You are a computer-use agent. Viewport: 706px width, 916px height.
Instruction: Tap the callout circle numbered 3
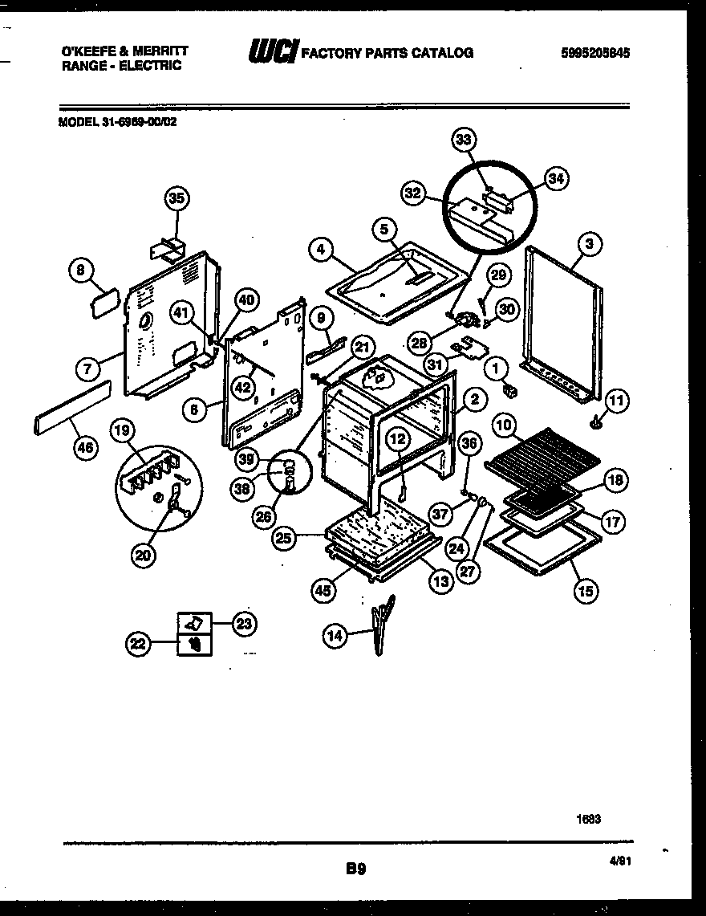(590, 244)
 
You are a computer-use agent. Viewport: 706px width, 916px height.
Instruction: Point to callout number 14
(334, 637)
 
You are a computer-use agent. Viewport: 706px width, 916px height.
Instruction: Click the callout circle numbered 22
(139, 642)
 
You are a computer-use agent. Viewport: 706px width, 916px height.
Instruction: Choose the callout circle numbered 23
(243, 621)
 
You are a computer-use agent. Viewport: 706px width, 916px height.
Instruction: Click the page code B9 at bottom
(356, 868)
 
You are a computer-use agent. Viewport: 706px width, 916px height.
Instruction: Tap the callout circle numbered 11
(618, 398)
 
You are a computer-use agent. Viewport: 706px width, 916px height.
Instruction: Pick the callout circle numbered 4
(320, 250)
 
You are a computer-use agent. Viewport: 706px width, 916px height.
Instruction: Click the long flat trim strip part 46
(72, 408)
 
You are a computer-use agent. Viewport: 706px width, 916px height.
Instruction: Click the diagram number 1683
(588, 820)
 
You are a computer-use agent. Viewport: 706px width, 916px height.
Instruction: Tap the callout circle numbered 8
(79, 271)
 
